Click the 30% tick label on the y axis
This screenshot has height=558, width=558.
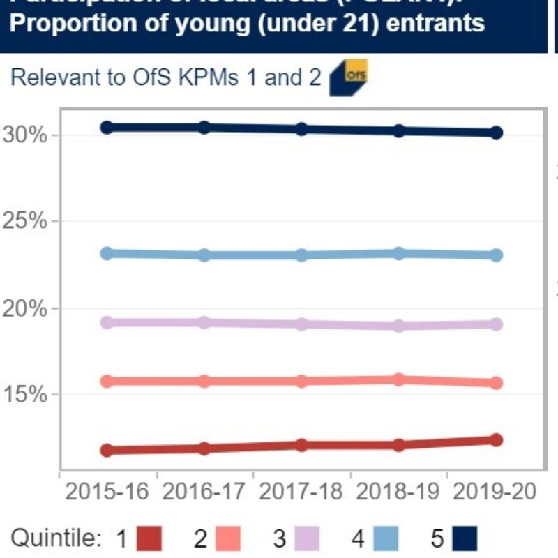(x=24, y=135)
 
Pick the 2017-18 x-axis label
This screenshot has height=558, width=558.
(x=301, y=491)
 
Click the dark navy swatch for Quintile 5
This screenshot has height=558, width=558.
(x=464, y=538)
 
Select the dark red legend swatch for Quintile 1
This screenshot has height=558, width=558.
(x=146, y=538)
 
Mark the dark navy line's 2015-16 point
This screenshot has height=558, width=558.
(x=107, y=127)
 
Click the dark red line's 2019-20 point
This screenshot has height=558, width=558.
(x=496, y=439)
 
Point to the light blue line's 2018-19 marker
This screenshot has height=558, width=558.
(x=399, y=253)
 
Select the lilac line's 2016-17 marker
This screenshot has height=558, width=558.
(x=204, y=322)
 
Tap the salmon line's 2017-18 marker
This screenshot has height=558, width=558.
(x=301, y=381)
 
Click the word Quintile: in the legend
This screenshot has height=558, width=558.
(x=57, y=538)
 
